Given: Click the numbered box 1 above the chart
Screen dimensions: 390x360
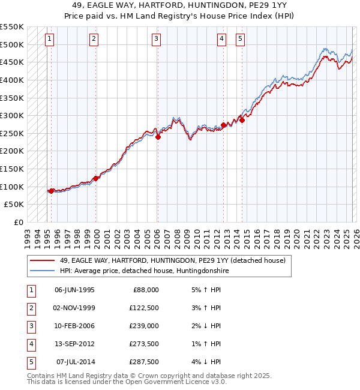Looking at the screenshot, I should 49,40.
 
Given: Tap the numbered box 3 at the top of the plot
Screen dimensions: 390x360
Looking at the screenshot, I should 156,40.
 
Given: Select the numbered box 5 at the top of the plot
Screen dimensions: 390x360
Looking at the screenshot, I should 240,40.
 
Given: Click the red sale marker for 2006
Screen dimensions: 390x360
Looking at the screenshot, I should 158,137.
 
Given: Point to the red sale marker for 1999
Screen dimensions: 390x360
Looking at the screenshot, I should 96,178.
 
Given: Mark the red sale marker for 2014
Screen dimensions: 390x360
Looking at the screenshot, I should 242,120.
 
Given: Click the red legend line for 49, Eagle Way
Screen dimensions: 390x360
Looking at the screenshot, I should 43,260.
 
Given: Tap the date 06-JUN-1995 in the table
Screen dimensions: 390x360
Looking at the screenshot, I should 74,290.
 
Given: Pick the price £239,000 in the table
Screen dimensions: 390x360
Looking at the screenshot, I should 145,326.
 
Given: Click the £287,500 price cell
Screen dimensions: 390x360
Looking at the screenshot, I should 145,362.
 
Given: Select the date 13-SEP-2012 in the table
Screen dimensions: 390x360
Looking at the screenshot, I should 74,344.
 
